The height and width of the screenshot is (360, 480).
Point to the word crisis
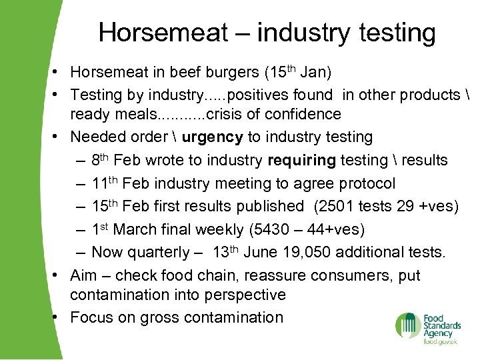tap(225, 114)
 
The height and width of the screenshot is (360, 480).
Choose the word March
tap(134, 229)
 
